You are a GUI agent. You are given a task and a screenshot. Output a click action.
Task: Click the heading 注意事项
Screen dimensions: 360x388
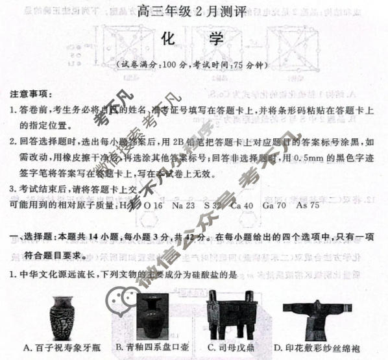tap(32, 94)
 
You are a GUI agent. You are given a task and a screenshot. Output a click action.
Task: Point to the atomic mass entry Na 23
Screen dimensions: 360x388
tap(184, 205)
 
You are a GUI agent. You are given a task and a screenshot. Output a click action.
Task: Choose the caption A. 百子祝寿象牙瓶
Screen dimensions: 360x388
tap(60, 348)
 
